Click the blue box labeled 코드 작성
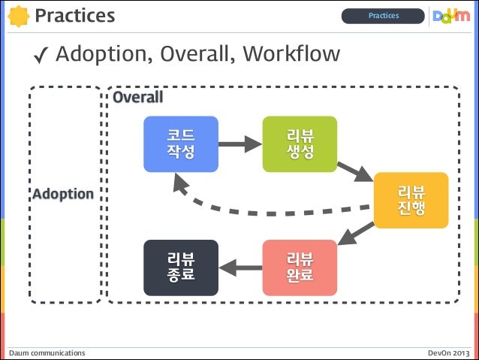(x=181, y=144)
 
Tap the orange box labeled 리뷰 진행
(x=411, y=200)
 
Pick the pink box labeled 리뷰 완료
(x=300, y=267)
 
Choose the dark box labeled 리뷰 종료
(x=181, y=267)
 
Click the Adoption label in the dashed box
(x=63, y=194)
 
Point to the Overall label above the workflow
(x=137, y=98)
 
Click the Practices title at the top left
(x=74, y=15)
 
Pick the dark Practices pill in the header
(x=383, y=16)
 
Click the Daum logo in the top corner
(x=451, y=15)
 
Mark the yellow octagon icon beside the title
(x=18, y=15)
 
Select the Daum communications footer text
(x=47, y=352)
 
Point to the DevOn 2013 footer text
(x=449, y=352)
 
